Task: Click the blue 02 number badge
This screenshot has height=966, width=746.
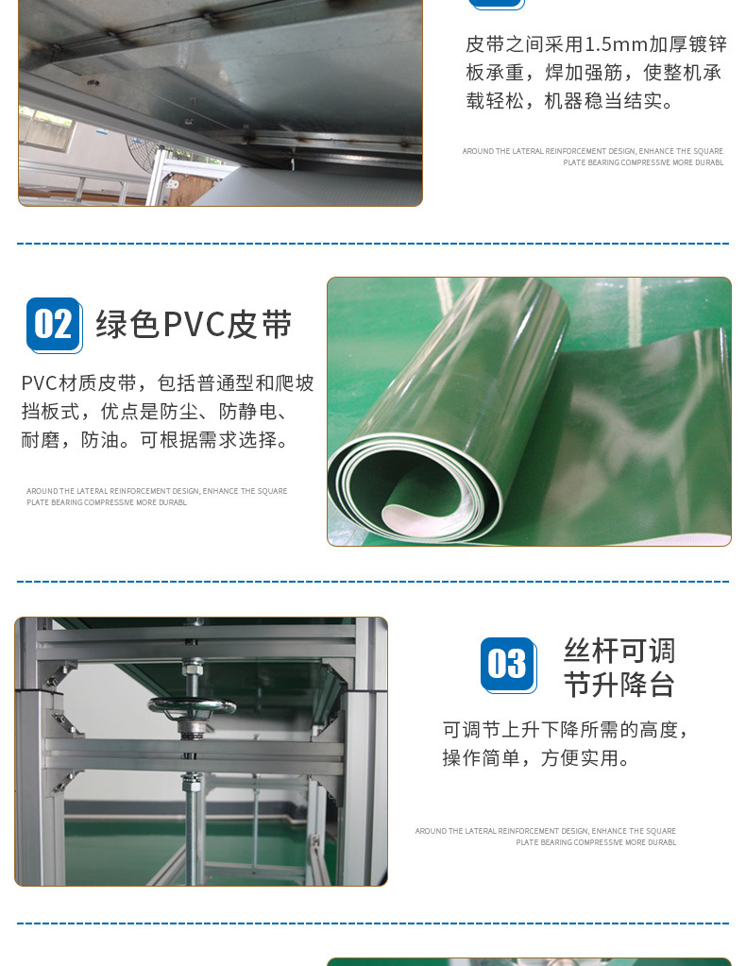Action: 54,325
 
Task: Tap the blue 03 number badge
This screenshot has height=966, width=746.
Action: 508,665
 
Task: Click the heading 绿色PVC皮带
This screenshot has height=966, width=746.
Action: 194,325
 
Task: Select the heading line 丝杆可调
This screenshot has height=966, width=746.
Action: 619,651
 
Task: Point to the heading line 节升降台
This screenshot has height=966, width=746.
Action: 619,685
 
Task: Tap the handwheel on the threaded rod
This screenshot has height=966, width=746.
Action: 192,706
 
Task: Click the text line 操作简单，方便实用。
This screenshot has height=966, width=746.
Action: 537,757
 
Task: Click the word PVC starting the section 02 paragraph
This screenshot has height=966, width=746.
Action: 39,383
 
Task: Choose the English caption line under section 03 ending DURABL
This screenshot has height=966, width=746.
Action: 596,842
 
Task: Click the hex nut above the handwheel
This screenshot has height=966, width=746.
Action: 193,668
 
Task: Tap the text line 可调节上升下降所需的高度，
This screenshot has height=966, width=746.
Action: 566,730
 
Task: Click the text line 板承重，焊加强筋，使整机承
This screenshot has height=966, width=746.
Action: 593,73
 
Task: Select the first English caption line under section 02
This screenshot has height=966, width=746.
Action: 157,491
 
